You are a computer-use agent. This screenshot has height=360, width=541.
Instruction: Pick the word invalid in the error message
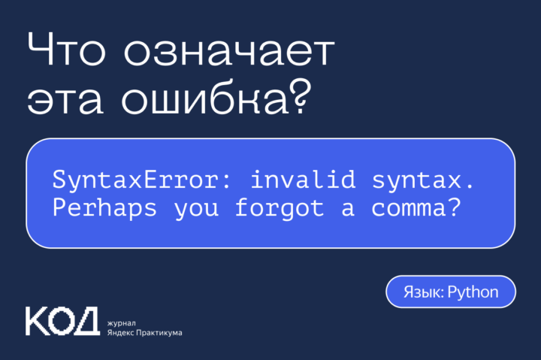[288, 180]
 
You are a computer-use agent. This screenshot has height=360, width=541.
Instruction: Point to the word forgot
[280, 208]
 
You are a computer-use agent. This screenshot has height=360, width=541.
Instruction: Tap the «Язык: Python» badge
[451, 292]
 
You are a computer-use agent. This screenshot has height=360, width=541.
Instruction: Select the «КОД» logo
[62, 321]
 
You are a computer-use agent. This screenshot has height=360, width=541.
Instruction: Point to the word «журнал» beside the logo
[122, 320]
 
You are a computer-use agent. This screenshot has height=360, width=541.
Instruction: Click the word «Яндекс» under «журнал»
[123, 332]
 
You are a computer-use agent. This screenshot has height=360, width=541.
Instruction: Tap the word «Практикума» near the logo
[162, 332]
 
